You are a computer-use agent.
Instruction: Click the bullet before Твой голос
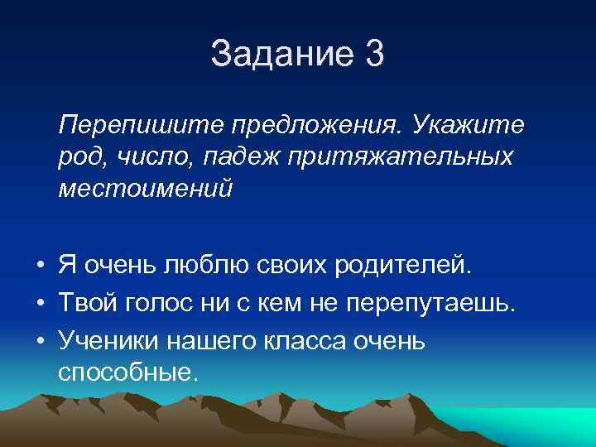point(40,304)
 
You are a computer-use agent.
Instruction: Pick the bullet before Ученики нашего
point(40,340)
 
